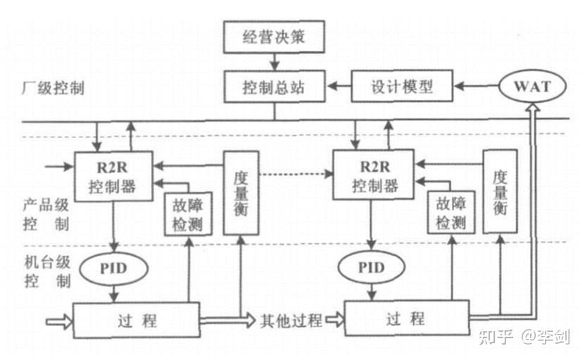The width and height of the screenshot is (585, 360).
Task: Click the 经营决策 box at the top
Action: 274,37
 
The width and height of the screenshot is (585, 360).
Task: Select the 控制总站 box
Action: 274,87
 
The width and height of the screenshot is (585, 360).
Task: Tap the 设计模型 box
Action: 402,87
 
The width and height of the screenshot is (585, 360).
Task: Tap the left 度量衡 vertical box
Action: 239,192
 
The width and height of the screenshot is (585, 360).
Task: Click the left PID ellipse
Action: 114,268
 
